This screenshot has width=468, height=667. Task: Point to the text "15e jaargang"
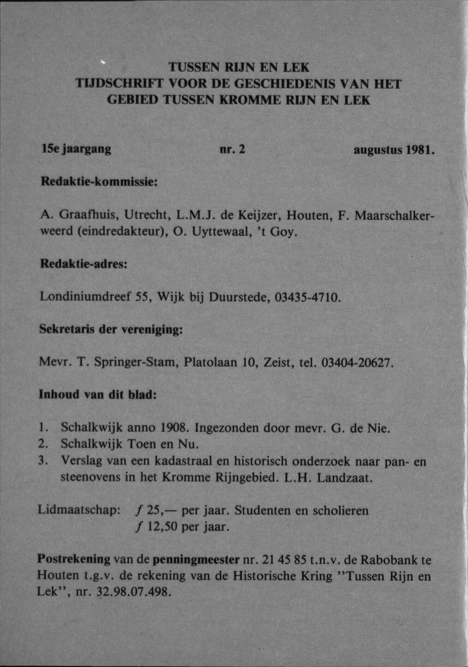[76, 150]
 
